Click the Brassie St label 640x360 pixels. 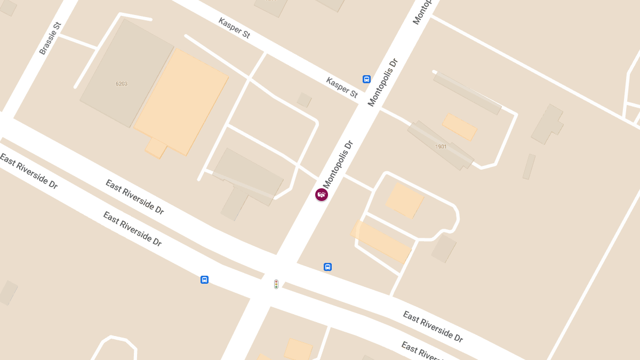[x=51, y=38]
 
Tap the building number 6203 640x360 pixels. [x=121, y=84]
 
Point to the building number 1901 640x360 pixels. [x=441, y=147]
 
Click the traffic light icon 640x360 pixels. [x=276, y=284]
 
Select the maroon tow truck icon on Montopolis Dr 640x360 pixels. [x=322, y=195]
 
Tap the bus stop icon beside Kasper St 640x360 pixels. [x=366, y=79]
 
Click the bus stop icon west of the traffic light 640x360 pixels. [x=204, y=279]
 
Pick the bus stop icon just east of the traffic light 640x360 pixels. [x=328, y=267]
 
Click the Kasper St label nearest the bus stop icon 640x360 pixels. [x=342, y=87]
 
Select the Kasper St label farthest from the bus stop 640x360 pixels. [x=234, y=28]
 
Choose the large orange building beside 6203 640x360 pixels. [x=181, y=102]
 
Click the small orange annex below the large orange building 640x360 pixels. [x=156, y=148]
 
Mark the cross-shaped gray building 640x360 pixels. [x=547, y=124]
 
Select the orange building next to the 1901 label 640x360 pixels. [x=459, y=126]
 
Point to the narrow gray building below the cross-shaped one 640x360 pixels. [x=529, y=166]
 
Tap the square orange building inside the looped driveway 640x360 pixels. [x=404, y=200]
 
